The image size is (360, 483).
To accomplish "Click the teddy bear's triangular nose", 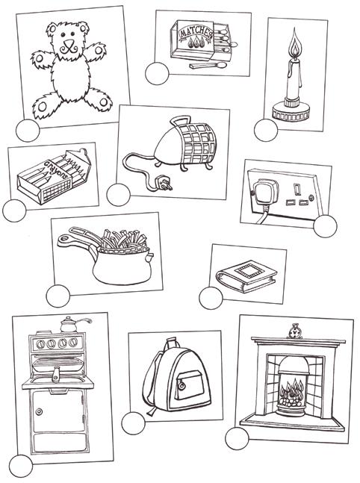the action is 69,43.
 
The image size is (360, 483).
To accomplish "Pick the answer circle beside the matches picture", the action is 157,74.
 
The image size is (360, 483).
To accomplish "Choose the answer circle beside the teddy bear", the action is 28,131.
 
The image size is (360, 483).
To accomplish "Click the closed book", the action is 246,276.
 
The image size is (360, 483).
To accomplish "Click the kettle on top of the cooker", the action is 72,325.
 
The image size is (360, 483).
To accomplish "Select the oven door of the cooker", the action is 58,411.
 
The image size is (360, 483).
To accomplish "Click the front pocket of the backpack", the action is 189,386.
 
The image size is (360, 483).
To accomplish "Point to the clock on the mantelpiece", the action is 295,331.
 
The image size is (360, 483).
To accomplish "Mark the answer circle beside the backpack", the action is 133,423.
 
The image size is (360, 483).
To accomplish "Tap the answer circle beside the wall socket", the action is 325,226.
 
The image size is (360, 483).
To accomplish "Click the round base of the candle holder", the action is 291,113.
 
